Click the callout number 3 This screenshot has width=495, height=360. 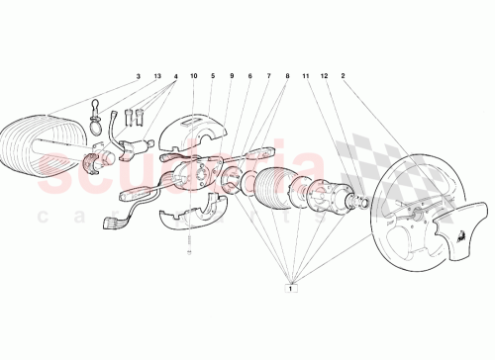point(139,76)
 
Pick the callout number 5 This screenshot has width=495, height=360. point(212,76)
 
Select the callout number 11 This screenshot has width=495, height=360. point(306,76)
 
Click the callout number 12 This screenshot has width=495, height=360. point(325,76)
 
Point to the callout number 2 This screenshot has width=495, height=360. point(344,76)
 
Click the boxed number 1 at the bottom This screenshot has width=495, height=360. point(291,290)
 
